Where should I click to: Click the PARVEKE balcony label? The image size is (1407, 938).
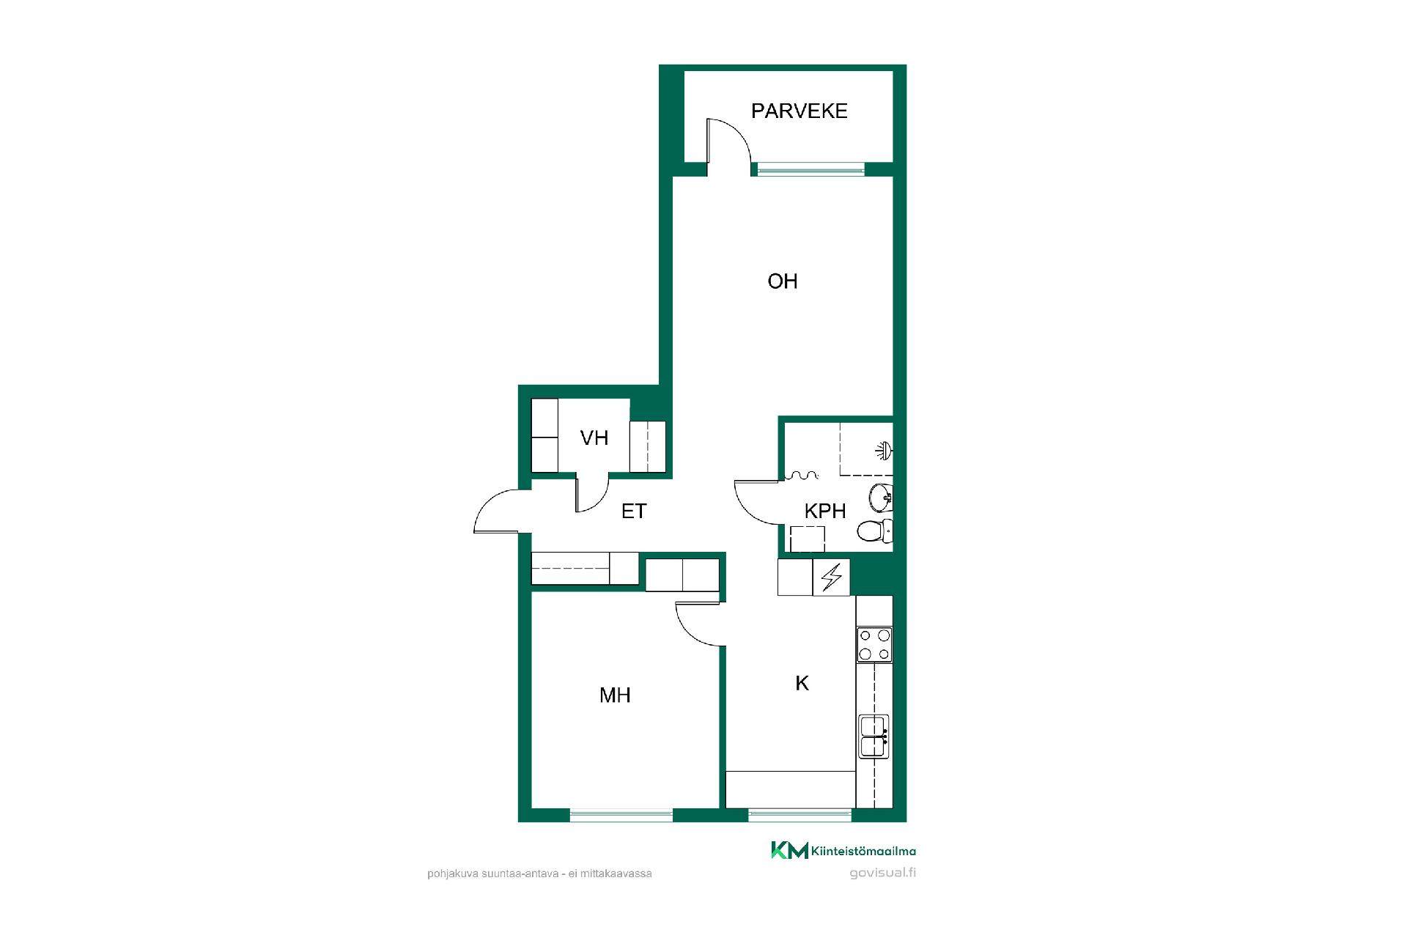799,111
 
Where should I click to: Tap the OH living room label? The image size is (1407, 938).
783,281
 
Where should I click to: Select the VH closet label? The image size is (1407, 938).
594,438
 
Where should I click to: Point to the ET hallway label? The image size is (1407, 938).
634,511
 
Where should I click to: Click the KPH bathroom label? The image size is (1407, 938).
825,511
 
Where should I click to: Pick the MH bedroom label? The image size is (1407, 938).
615,695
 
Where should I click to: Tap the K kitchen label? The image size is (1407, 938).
802,684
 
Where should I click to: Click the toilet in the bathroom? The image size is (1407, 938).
875,531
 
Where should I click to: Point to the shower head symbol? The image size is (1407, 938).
885,451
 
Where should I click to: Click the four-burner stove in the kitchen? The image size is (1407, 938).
874,645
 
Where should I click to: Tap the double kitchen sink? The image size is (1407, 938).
874,736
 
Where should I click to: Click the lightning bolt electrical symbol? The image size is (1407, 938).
832,577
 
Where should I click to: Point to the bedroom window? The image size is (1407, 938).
621,814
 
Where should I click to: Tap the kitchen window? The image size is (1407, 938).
800,814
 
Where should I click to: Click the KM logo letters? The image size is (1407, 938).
789,850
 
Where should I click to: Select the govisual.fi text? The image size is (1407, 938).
882,873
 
